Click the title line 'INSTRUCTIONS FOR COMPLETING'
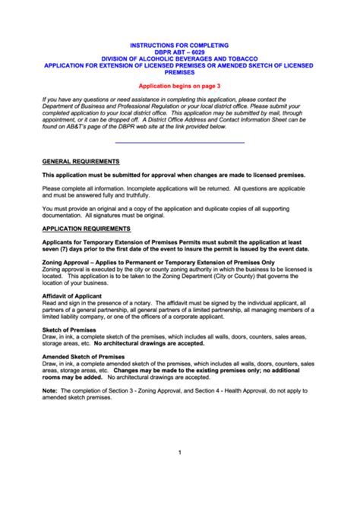tap(180, 46)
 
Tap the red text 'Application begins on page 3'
tap(180, 87)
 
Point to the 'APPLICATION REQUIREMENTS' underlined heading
tap(86, 228)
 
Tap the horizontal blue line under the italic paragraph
tap(180, 142)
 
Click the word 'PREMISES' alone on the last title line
tap(180, 73)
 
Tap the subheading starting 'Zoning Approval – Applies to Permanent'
tap(158, 261)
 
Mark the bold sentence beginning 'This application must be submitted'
tap(174, 175)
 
